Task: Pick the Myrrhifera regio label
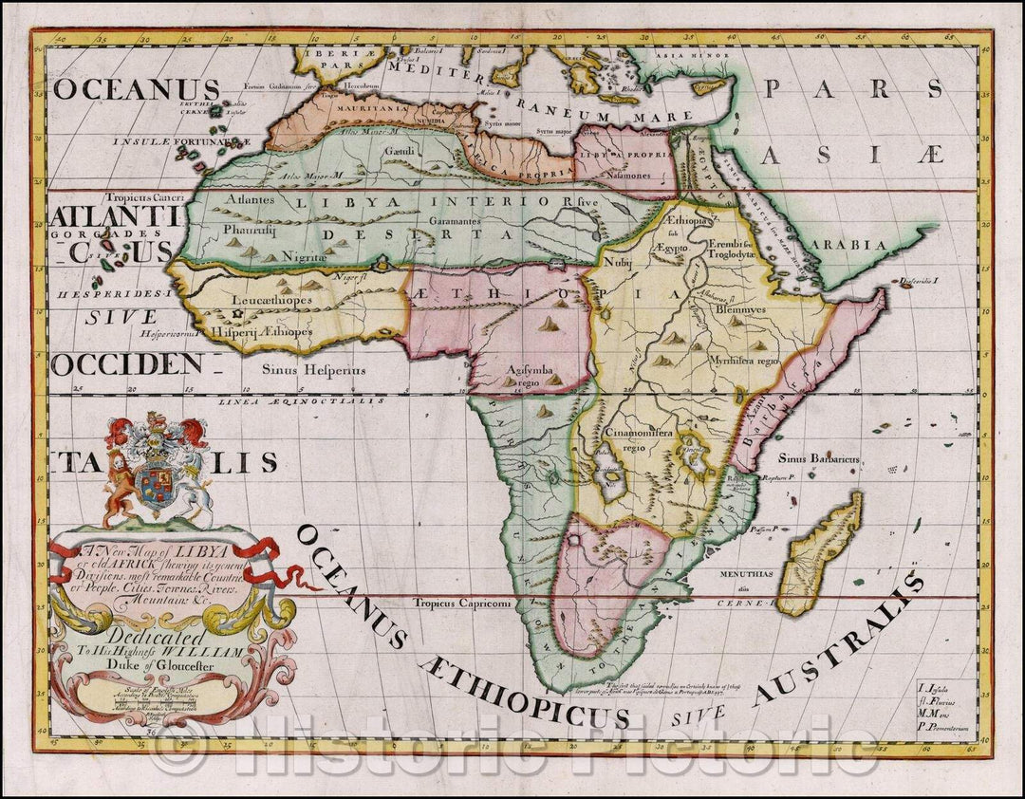click(743, 361)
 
